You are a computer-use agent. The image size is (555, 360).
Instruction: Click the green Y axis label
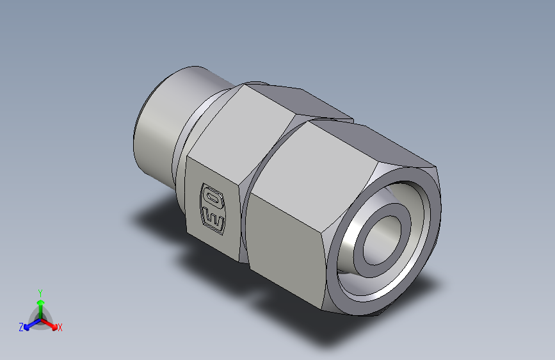40,291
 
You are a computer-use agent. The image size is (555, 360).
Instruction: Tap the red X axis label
60,327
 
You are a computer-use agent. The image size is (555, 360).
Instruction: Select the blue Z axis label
21,327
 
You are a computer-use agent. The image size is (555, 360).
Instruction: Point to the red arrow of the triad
51,323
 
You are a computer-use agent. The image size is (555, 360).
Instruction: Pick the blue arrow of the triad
29,324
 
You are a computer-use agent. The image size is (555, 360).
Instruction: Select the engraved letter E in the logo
214,219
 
